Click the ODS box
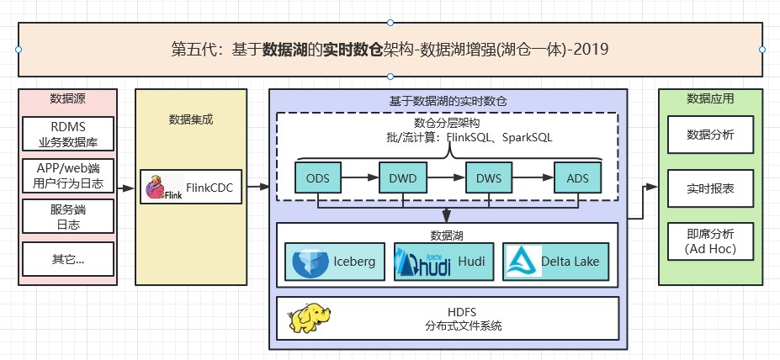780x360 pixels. (x=318, y=177)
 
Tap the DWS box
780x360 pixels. (x=489, y=177)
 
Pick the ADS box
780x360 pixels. (x=577, y=177)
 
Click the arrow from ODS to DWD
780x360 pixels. (x=361, y=177)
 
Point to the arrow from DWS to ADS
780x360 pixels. (x=533, y=177)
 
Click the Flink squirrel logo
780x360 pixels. (x=155, y=188)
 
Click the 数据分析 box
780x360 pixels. (x=710, y=134)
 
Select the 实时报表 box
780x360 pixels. (x=710, y=188)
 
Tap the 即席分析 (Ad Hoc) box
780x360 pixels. (x=710, y=241)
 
